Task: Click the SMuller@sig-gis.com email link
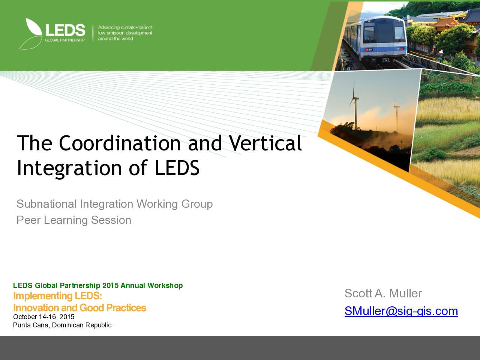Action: tap(401, 311)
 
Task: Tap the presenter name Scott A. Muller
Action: tap(383, 293)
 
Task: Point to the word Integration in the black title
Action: tap(69, 168)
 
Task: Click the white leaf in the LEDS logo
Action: tap(33, 27)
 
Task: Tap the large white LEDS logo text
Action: tap(65, 30)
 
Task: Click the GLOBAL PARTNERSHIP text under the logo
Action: tap(65, 40)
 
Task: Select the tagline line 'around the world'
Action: tap(115, 39)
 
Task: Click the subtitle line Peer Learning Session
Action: tap(74, 220)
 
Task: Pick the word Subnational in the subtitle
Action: tap(46, 204)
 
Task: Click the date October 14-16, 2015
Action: tap(44, 317)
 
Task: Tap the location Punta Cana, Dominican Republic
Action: tap(62, 325)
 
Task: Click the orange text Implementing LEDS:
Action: tap(58, 296)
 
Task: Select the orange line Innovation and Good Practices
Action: tap(79, 308)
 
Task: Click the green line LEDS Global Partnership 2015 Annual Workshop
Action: tap(98, 285)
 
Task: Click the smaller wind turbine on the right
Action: tap(396, 115)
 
